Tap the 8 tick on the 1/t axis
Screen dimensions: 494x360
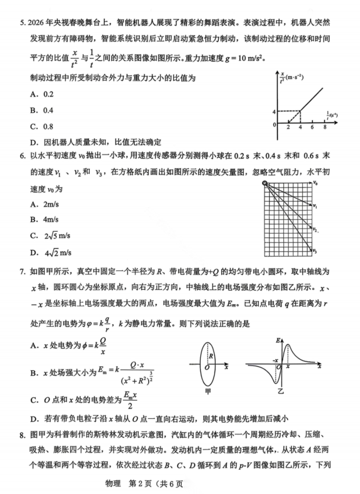325,128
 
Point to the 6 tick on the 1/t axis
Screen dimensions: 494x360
312,128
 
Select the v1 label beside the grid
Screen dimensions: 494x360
315,206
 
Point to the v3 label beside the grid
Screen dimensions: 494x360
315,250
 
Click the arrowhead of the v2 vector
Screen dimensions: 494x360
311,228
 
